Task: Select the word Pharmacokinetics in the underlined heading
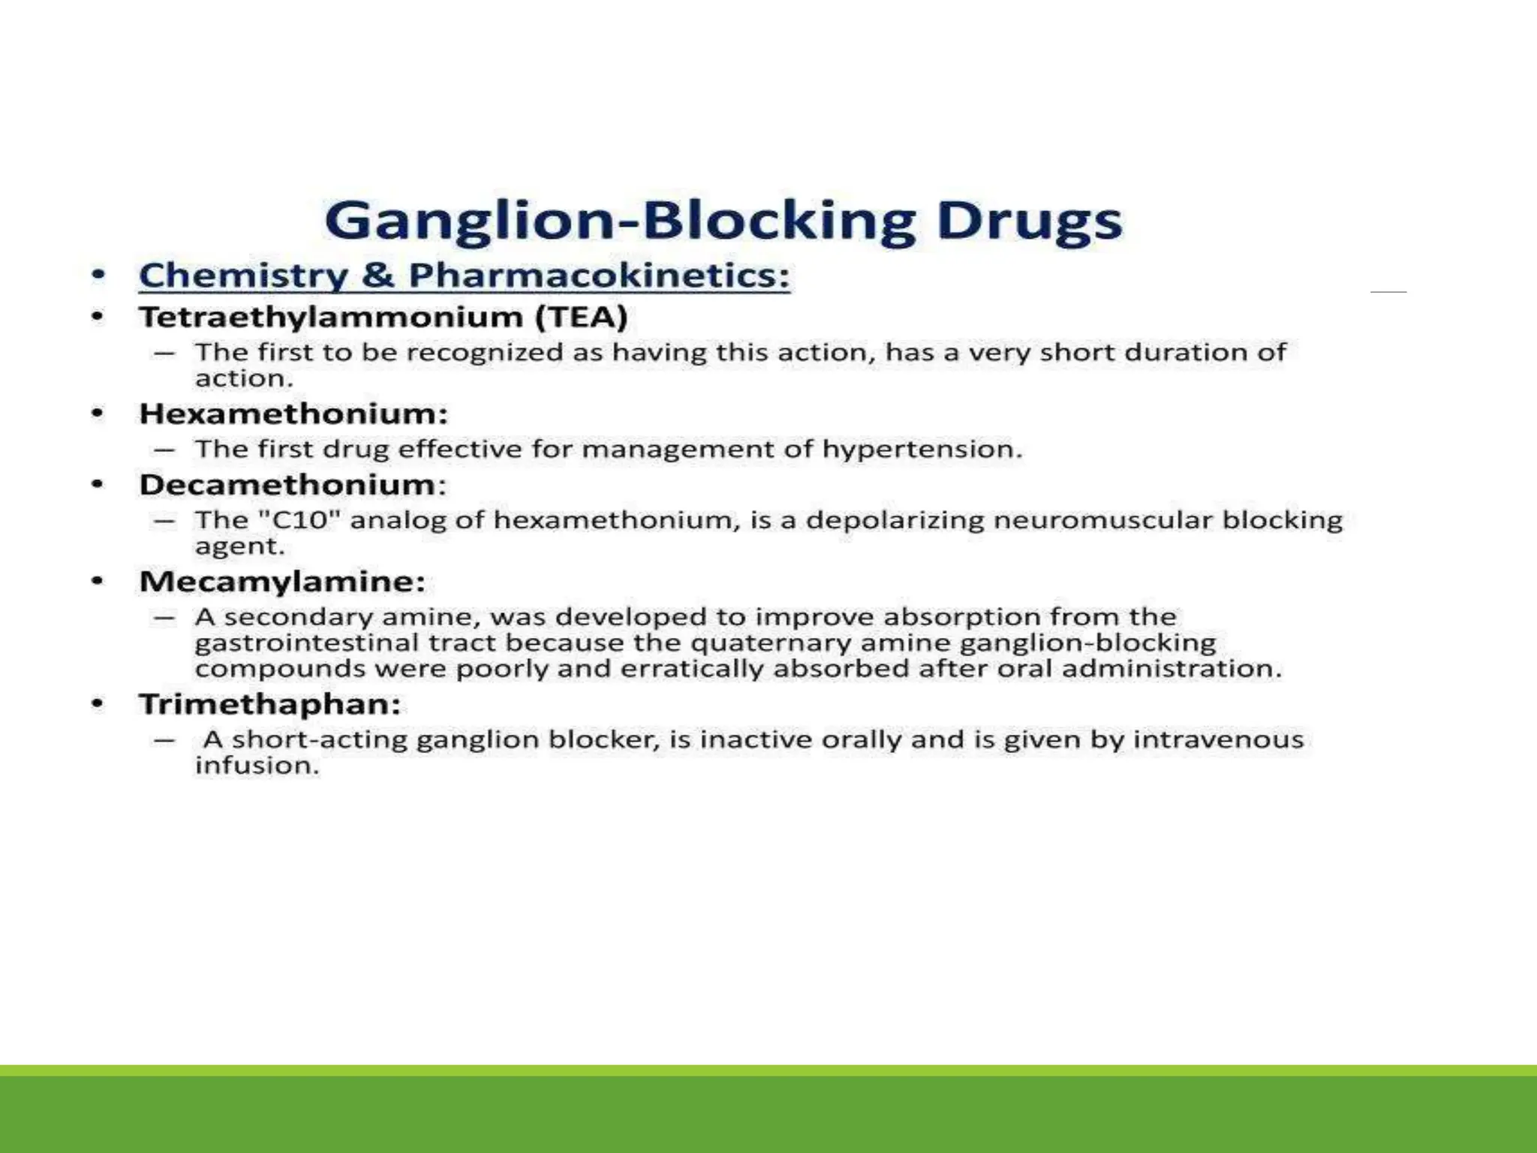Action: pos(599,275)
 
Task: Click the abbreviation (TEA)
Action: pos(582,317)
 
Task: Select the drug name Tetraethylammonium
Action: pos(331,317)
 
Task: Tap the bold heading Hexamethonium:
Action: pos(293,414)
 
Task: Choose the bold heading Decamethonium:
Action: pos(293,484)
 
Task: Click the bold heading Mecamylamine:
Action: pos(282,581)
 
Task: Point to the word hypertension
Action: pos(922,449)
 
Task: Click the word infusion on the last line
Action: pos(257,766)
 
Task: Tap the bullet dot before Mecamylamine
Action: pos(97,581)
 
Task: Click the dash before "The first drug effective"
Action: pos(164,450)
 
